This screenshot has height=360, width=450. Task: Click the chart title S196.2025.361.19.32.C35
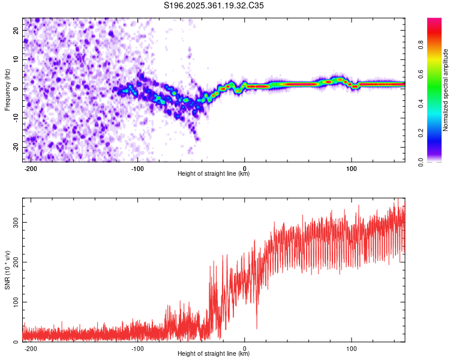214,5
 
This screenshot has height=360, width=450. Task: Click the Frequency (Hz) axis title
7,89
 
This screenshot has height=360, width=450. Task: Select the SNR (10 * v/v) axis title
7,270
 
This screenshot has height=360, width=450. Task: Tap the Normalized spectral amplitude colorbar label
446,91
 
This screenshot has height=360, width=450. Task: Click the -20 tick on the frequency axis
16,148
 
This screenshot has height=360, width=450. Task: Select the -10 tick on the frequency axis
16,118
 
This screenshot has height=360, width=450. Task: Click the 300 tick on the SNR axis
14,222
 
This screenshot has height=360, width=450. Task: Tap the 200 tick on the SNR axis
14,262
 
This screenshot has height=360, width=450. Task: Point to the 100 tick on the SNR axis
14,302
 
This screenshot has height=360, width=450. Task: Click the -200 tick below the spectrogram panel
31,167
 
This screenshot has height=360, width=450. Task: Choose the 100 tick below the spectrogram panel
352,167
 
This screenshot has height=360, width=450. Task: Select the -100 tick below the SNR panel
137,347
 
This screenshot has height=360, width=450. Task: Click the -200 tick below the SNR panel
31,347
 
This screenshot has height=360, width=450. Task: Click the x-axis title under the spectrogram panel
214,174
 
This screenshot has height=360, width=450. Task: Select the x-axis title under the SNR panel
214,354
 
